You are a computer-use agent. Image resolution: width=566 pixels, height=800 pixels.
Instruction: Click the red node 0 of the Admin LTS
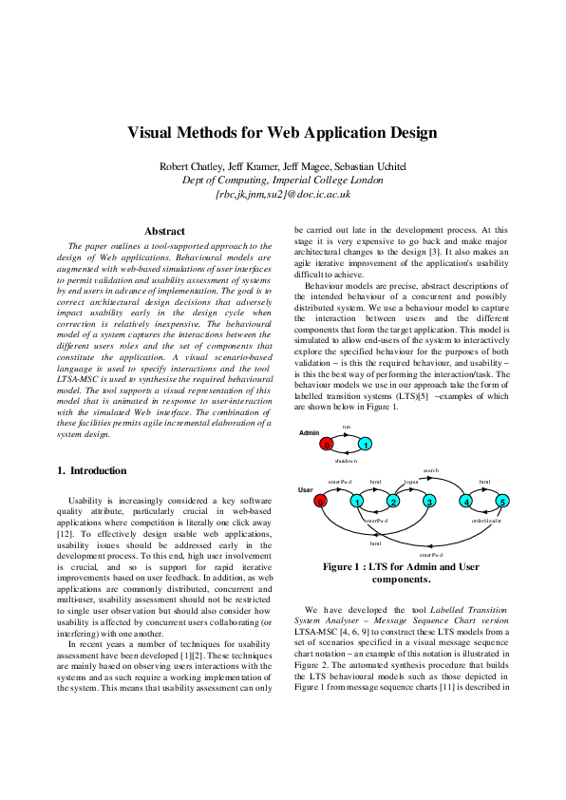tap(326, 444)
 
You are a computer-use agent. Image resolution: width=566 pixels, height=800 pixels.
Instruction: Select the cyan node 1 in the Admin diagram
tap(365, 444)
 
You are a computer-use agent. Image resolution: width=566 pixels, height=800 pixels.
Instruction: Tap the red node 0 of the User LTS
tap(321, 501)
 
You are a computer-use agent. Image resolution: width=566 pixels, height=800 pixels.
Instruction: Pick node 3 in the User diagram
tap(429, 501)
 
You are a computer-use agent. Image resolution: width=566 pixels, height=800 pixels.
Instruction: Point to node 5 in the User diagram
tap(502, 501)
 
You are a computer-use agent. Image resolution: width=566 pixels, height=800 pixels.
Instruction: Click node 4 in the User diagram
tap(466, 501)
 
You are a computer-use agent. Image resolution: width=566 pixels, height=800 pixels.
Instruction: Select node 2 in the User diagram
tap(393, 501)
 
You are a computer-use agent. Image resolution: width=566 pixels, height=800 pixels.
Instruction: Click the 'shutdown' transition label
tap(347, 460)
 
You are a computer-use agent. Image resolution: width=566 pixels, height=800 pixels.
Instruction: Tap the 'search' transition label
tap(429, 470)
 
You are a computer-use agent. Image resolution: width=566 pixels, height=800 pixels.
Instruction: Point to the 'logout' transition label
tap(411, 482)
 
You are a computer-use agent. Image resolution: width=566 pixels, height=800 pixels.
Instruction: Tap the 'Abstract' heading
tap(163, 231)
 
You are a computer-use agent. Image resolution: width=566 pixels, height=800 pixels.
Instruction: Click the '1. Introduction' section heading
tap(91, 470)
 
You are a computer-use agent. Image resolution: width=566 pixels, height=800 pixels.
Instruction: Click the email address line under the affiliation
tap(282, 193)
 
